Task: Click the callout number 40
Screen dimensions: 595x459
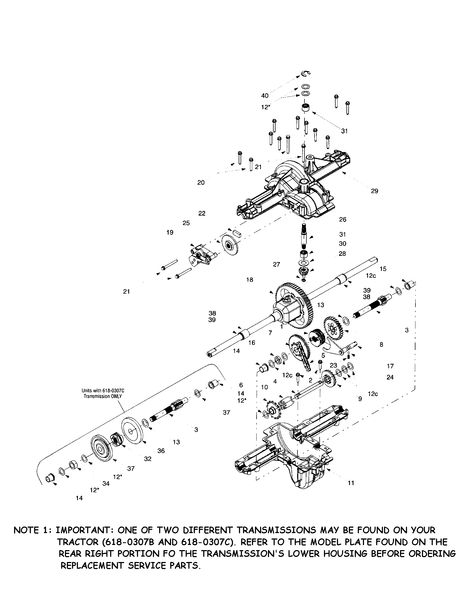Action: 265,96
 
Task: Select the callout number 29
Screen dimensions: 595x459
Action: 375,191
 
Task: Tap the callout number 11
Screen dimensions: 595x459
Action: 351,483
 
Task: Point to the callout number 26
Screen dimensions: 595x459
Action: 343,219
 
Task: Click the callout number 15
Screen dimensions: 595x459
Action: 383,269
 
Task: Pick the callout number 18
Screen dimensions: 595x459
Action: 250,280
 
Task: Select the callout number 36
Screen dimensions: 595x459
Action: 161,451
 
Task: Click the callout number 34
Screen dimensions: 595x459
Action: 106,484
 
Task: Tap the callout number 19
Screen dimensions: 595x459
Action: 170,232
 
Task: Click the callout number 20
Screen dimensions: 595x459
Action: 201,183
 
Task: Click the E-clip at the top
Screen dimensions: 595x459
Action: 306,73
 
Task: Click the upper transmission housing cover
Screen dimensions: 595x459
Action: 294,188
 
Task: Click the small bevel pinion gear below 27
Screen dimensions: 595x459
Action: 304,272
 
